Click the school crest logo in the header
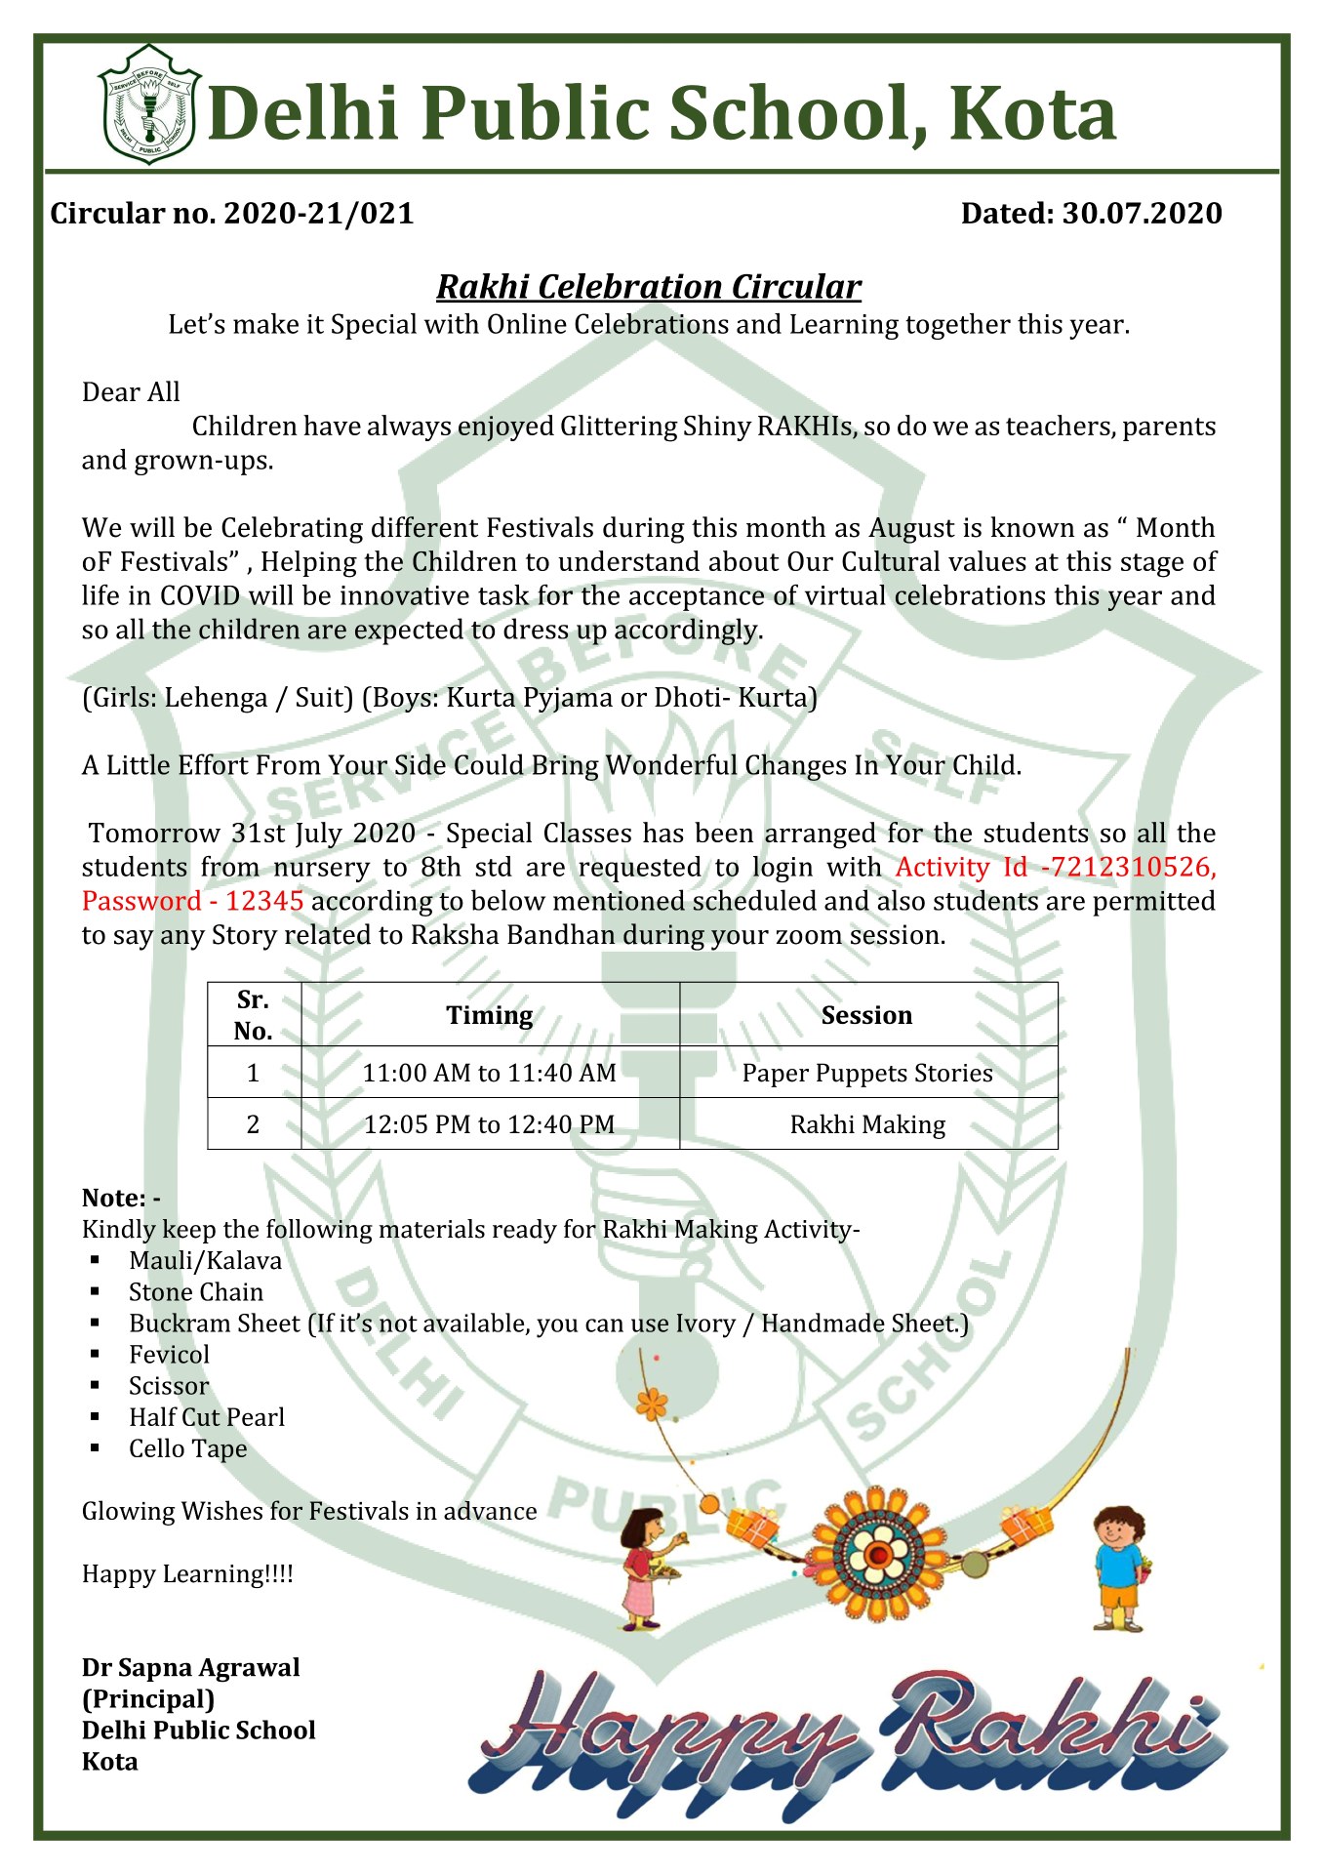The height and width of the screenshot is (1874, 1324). point(149,104)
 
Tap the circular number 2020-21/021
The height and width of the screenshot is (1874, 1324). point(319,214)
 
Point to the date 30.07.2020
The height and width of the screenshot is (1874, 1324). point(1142,214)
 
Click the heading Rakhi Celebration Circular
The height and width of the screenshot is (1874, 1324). point(648,287)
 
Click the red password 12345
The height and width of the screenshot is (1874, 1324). point(264,902)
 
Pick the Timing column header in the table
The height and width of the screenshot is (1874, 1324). point(490,1016)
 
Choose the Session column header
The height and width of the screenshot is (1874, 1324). point(866,1016)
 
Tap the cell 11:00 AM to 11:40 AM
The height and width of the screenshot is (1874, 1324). point(490,1074)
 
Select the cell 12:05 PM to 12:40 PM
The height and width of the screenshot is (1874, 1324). point(490,1125)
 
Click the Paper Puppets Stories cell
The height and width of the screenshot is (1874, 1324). point(867,1074)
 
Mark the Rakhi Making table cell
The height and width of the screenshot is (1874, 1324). point(867,1125)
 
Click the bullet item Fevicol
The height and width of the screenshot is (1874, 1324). point(170,1355)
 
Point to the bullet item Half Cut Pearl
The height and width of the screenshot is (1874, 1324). point(207,1418)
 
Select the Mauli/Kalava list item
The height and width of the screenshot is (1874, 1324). point(205,1261)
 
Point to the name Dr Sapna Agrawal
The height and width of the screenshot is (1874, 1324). point(191,1668)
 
